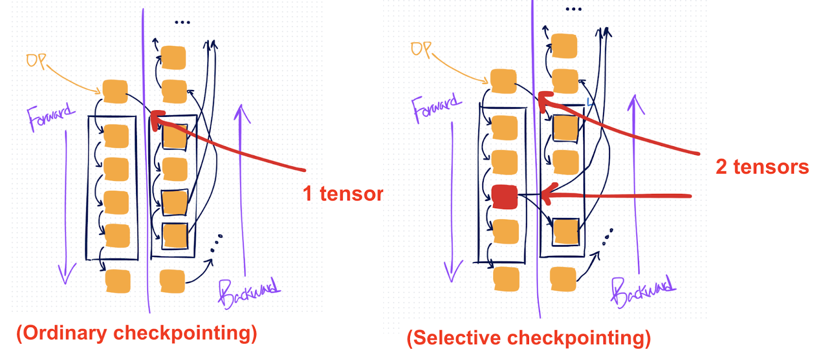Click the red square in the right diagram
click(504, 197)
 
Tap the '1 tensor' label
click(343, 194)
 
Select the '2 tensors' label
click(762, 167)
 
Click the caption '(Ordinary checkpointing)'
click(136, 333)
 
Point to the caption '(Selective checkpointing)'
click(529, 338)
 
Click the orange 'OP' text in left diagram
click(36, 61)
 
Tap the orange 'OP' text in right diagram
click(421, 49)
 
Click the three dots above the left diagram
click(182, 23)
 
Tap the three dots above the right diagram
click(573, 9)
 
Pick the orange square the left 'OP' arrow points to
click(115, 91)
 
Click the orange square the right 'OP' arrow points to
click(503, 81)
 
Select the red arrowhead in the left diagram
click(157, 119)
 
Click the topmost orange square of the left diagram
click(173, 57)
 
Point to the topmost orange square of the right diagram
click(564, 46)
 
